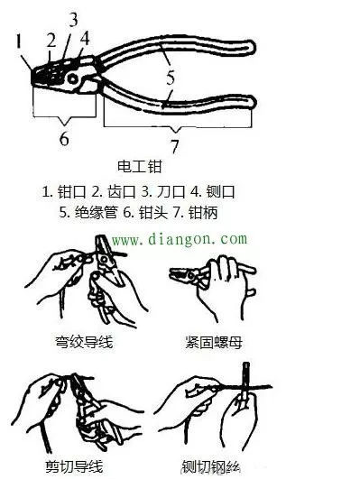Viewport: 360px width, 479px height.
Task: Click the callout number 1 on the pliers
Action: pyautogui.click(x=19, y=41)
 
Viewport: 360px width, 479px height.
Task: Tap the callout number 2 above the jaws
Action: pyautogui.click(x=51, y=40)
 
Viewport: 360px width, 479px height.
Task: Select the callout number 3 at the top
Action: pyautogui.click(x=73, y=19)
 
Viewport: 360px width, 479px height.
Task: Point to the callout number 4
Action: pyautogui.click(x=85, y=39)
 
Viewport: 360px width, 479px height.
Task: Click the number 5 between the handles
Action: pyautogui.click(x=171, y=78)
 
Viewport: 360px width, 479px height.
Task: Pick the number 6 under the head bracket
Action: pyautogui.click(x=64, y=139)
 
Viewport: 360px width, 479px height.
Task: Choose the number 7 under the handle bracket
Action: pyautogui.click(x=174, y=147)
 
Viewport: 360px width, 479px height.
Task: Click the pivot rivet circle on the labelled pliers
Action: pyautogui.click(x=72, y=78)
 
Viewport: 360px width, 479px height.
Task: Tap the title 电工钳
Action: pyautogui.click(x=139, y=167)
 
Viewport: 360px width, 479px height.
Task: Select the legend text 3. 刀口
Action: pyautogui.click(x=163, y=192)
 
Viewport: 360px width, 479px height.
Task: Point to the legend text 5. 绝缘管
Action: pyautogui.click(x=88, y=212)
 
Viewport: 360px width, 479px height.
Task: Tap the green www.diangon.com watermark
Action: pyautogui.click(x=180, y=239)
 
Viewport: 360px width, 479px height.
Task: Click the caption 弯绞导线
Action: pyautogui.click(x=84, y=342)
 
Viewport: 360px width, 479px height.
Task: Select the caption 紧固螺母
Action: pyautogui.click(x=214, y=342)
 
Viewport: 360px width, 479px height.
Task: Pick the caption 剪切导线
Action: pyautogui.click(x=74, y=466)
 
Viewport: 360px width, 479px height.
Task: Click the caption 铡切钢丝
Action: pyautogui.click(x=210, y=466)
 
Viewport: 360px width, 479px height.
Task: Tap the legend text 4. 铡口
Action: pyautogui.click(x=213, y=192)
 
